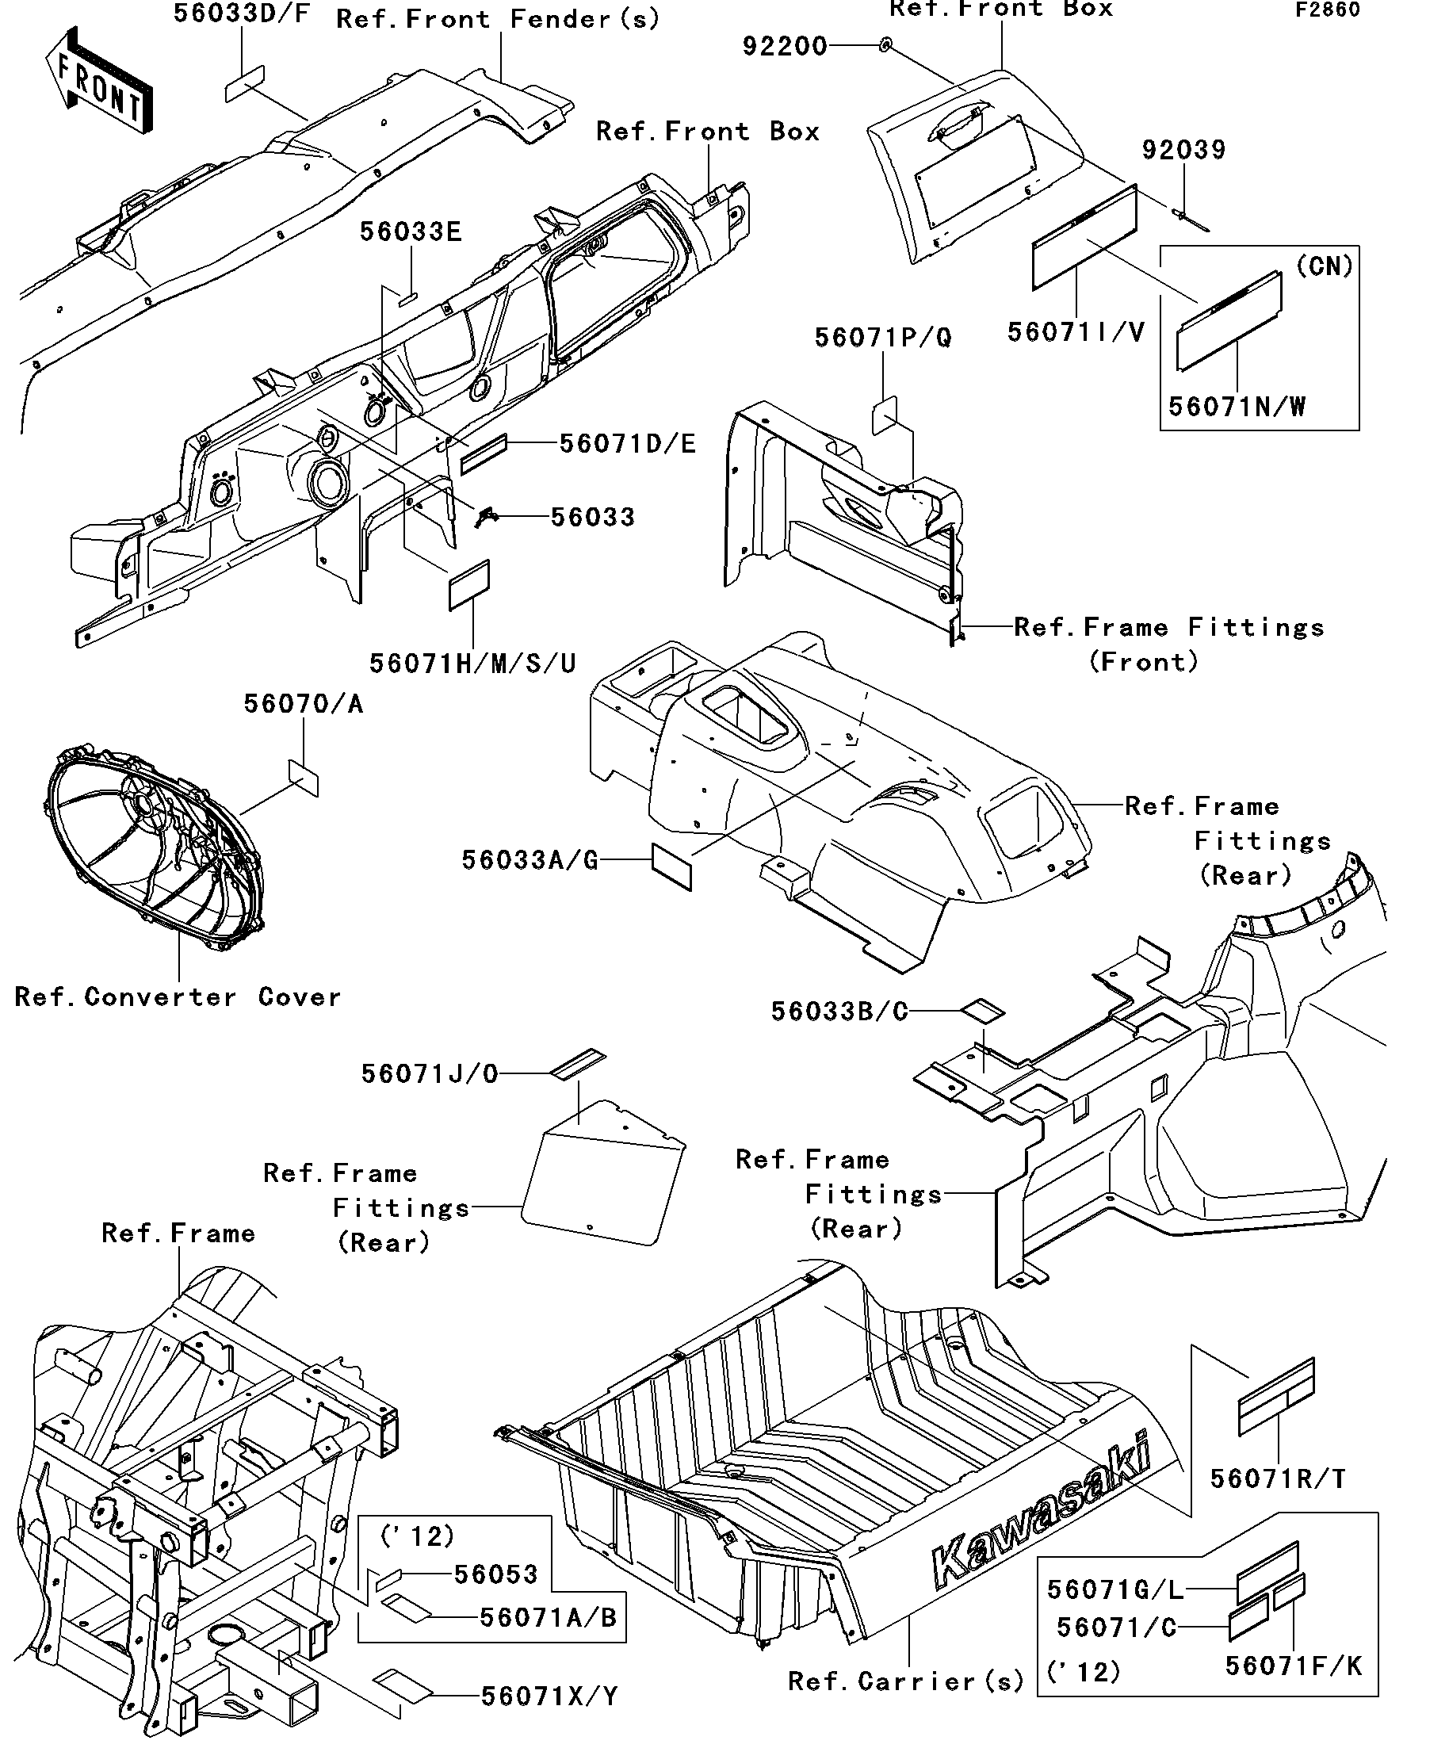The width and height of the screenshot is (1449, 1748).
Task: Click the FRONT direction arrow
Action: pyautogui.click(x=98, y=82)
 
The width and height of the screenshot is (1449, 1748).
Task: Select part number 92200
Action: pyautogui.click(x=785, y=47)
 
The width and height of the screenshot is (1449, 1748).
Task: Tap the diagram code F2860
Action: pyautogui.click(x=1327, y=10)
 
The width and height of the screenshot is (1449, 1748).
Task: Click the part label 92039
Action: pyautogui.click(x=1183, y=151)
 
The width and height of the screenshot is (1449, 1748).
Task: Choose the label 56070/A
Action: pyautogui.click(x=303, y=704)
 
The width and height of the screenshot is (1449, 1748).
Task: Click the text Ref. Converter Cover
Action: pyautogui.click(x=178, y=997)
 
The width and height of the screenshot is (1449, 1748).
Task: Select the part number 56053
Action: pyautogui.click(x=496, y=1574)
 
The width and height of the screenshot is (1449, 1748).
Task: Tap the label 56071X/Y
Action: pyautogui.click(x=549, y=1696)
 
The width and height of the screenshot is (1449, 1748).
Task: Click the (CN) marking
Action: pyautogui.click(x=1325, y=266)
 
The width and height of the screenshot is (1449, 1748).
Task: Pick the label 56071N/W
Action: pyautogui.click(x=1237, y=407)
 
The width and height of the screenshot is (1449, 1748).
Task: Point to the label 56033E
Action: pyautogui.click(x=411, y=232)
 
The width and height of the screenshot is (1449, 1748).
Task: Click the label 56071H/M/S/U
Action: pyautogui.click(x=472, y=664)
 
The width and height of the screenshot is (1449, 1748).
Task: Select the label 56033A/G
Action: pyautogui.click(x=530, y=860)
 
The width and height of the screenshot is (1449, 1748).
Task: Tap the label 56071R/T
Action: pyautogui.click(x=1278, y=1478)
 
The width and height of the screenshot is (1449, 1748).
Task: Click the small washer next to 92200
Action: pyautogui.click(x=886, y=45)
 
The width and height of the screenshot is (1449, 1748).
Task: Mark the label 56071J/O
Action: pyautogui.click(x=430, y=1073)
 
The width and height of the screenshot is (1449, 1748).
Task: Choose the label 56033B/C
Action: pyautogui.click(x=839, y=1012)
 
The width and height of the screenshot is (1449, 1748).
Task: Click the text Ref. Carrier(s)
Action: pyautogui.click(x=905, y=1681)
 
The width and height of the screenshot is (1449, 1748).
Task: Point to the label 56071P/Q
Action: pyautogui.click(x=882, y=338)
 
